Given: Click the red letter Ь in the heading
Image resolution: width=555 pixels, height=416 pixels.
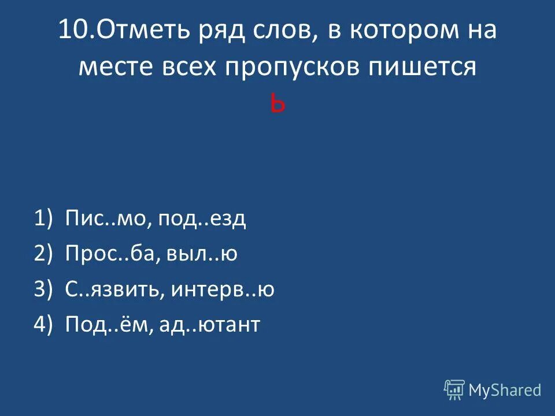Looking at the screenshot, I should pos(277,105).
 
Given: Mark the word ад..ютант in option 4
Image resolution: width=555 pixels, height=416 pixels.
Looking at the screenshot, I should pos(215,325).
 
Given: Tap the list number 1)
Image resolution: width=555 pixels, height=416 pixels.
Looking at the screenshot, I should pos(43,219).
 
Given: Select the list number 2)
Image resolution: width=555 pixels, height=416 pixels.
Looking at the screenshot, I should pos(43,254).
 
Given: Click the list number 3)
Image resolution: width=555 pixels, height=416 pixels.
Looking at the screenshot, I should pos(43,289).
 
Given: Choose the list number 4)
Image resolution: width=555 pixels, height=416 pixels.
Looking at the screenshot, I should pos(43,325).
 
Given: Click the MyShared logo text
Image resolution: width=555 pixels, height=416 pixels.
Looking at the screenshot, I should pos(505,390).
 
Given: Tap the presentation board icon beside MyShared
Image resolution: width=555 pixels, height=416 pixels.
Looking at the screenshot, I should pos(454,390).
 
